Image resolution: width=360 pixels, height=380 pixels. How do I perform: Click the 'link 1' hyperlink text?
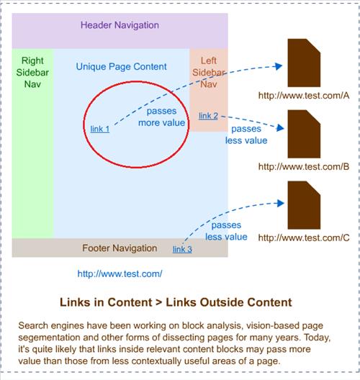99,129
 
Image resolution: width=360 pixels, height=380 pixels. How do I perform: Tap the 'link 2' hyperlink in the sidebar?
208,116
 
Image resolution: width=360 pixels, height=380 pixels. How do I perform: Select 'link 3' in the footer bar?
182,249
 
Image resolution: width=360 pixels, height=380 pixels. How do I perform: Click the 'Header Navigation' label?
120,25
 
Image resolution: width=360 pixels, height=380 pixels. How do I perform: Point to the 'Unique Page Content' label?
121,67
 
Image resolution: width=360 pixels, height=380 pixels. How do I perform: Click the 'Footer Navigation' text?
120,248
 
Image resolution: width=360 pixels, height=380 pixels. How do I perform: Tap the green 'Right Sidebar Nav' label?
32,73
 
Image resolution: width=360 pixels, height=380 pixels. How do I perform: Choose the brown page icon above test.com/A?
304,63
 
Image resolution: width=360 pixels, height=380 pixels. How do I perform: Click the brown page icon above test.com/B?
304,134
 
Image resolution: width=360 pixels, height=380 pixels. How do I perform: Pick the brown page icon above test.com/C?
304,205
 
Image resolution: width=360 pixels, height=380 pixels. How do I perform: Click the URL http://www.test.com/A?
304,96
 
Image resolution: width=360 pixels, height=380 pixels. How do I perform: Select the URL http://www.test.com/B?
304,167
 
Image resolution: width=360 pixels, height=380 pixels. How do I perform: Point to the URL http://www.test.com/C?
304,237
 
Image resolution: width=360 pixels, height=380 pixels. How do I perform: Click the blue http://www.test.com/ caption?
120,274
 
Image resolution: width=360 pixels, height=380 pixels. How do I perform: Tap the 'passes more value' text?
162,117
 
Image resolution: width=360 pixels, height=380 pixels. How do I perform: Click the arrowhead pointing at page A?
279,66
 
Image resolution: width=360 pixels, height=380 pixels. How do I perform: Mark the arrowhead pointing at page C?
281,203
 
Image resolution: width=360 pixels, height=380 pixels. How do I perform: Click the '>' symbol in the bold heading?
159,302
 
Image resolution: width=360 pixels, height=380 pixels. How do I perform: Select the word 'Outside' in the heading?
222,302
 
